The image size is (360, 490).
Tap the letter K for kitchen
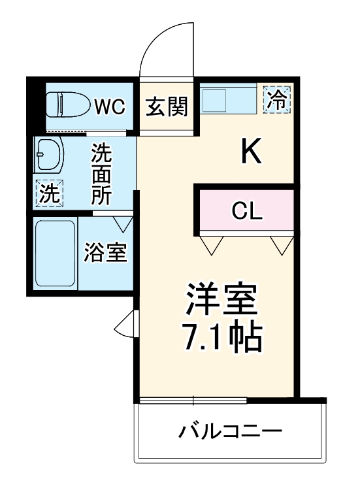coord(252,152)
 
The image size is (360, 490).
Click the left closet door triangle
coord(211,245)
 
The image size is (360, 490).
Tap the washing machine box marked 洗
coord(48,193)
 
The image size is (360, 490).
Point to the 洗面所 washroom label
coord(101,174)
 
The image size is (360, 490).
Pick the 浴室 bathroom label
coord(105,252)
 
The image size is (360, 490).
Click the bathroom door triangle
coord(122,223)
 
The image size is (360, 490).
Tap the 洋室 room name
coord(221,301)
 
